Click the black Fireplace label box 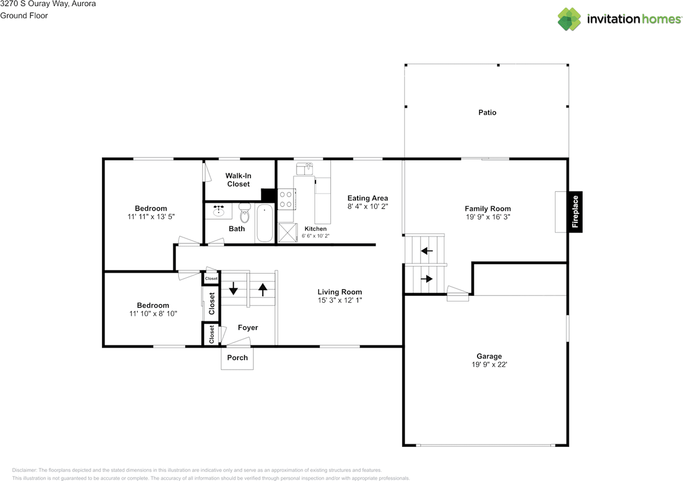coord(575,212)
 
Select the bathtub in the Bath coord(264,223)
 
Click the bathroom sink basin coord(219,210)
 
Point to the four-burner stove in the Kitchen coord(287,199)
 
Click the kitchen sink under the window coord(304,169)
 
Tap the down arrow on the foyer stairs coord(233,288)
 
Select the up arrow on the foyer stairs coord(263,290)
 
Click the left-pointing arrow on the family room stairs coord(427,251)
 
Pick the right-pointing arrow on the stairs coord(426,278)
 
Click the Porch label coord(237,357)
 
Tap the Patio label coord(487,113)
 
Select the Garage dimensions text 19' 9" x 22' coord(489,365)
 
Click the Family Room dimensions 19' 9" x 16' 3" coord(488,217)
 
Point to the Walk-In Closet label coord(239,180)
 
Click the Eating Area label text coord(368,198)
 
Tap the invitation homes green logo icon coord(569,19)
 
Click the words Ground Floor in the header coord(24,15)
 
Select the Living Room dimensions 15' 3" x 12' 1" coord(340,300)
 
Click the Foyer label coord(248,327)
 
